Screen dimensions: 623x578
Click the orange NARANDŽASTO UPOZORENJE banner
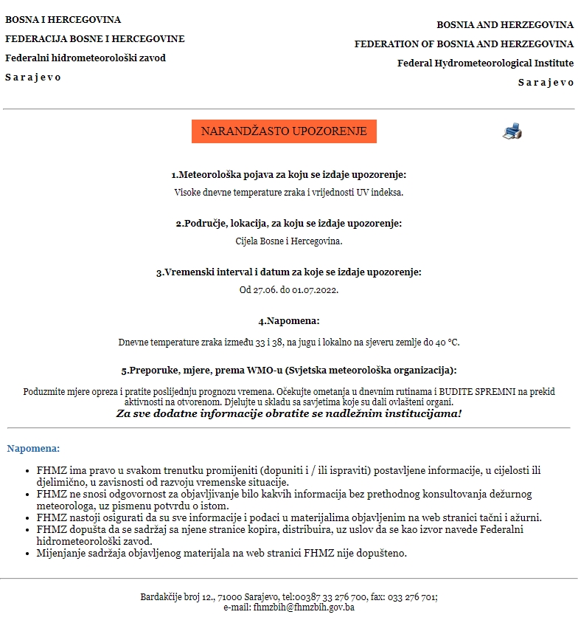pos(284,131)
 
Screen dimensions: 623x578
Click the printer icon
pos(512,132)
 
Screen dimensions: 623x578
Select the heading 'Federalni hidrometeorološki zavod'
pos(86,58)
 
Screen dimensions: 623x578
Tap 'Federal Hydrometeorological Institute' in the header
pos(485,63)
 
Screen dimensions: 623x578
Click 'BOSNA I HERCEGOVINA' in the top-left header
pos(63,20)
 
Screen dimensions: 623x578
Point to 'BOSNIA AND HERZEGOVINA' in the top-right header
pos(505,25)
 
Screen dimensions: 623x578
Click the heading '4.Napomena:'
pos(289,321)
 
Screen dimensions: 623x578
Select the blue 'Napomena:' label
pos(33,448)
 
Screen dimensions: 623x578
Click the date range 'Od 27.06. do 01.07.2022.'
pos(289,289)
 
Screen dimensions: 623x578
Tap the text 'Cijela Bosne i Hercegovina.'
pos(289,241)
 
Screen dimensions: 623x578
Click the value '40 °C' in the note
pos(447,343)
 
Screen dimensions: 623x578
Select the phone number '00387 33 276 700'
pos(335,597)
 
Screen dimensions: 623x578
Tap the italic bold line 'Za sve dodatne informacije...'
pos(289,413)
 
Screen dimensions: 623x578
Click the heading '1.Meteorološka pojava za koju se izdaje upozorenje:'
pos(289,175)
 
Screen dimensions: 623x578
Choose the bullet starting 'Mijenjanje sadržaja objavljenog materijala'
pos(222,553)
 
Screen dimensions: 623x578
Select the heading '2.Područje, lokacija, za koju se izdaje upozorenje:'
pos(289,223)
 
